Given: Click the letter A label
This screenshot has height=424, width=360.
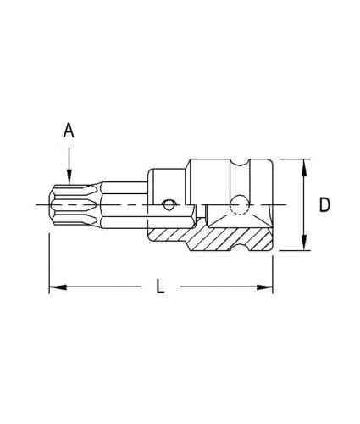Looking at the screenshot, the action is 69,131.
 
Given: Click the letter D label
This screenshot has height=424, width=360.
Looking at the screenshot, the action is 324,204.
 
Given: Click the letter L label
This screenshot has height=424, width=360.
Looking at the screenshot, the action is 160,286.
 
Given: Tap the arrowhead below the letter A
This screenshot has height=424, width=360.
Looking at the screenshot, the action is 69,177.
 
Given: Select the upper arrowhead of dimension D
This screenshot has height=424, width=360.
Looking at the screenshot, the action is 303,168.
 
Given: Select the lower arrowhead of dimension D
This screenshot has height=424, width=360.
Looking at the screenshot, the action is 303,243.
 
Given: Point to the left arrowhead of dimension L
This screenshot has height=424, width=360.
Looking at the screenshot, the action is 58,287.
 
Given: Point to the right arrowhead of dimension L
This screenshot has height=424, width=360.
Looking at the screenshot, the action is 264,287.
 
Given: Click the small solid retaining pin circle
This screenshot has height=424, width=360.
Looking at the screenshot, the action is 169,205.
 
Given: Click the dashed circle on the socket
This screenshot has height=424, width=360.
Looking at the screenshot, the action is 240,205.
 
